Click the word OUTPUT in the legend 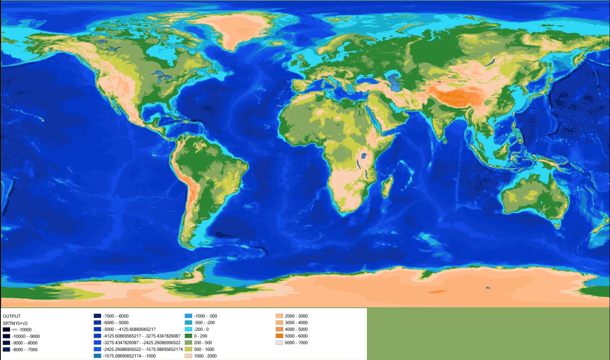tap(12, 316)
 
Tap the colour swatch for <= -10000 tap(6, 330)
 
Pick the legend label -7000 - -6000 tap(116, 316)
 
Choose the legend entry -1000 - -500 tap(205, 316)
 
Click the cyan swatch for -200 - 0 tap(188, 329)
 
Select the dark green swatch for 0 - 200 tap(188, 336)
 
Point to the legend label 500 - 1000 tap(204, 349)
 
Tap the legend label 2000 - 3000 tap(296, 316)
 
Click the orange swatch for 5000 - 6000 tap(279, 336)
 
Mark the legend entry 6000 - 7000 tap(296, 342)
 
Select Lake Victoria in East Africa tap(364, 155)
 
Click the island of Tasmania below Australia tap(558, 225)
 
